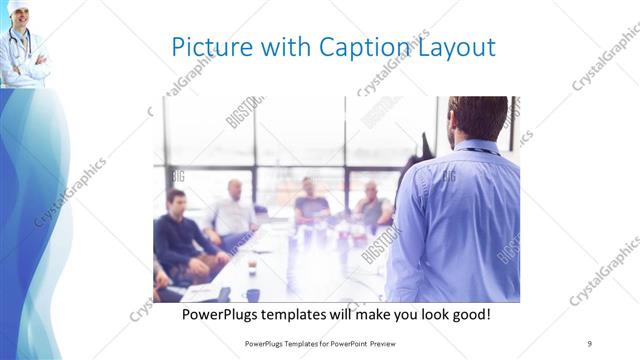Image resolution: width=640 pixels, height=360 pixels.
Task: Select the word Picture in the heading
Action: click(207, 47)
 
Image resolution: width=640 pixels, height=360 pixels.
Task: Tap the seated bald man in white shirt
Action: click(234, 212)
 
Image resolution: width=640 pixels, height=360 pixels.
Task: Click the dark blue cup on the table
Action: click(253, 294)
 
